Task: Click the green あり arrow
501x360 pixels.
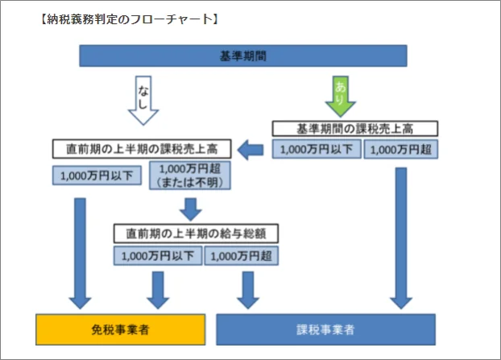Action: point(340,96)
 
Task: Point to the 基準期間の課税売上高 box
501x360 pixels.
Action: point(354,129)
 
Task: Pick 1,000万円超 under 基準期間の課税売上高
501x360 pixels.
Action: point(401,150)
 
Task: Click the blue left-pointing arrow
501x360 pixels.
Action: point(254,148)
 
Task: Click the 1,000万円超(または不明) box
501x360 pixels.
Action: point(190,175)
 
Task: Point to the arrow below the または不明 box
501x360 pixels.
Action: point(191,208)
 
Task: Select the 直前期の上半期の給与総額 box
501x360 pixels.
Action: point(197,234)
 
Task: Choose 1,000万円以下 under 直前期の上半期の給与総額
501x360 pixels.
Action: point(158,256)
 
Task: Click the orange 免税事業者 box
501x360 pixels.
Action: point(119,330)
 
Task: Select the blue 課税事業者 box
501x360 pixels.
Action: point(326,330)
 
